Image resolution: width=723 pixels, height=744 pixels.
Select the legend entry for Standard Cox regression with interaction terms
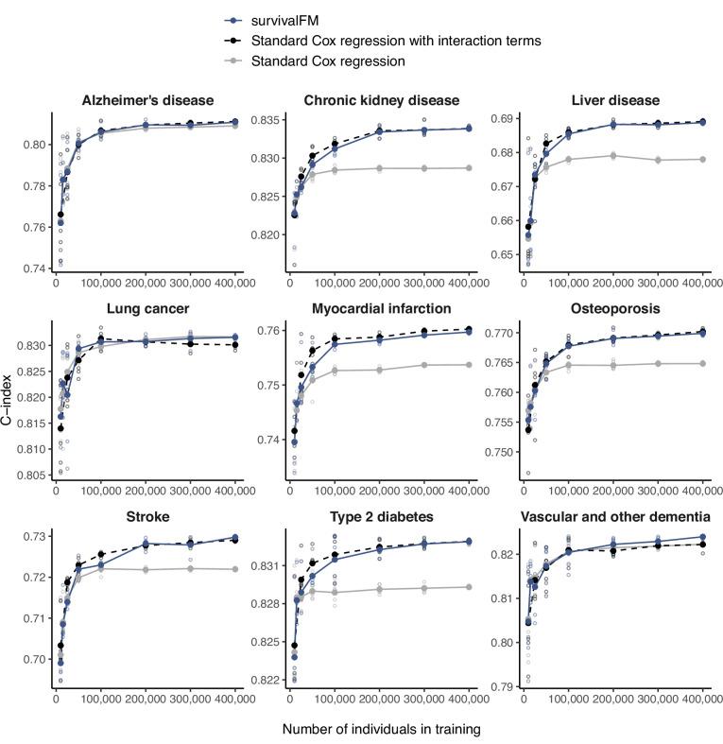pos(398,41)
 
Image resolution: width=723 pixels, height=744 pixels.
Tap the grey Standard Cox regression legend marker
pos(230,61)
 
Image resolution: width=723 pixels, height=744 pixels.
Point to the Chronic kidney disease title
pos(381,100)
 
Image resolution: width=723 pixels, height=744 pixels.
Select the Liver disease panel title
pos(615,100)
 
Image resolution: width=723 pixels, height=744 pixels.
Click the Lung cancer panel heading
pos(146,307)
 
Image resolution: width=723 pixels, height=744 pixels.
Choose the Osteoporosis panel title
pos(615,307)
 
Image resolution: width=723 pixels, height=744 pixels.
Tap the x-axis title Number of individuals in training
pos(381,730)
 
